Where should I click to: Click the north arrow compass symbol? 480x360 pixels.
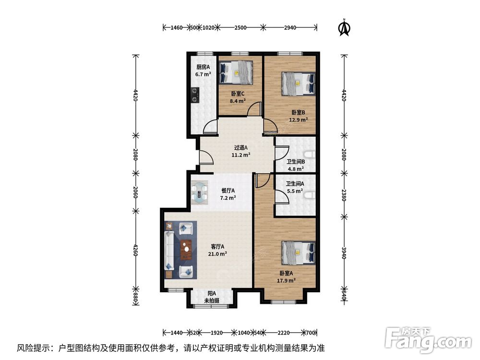tap(344, 27)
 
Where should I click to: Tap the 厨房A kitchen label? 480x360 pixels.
tap(203, 67)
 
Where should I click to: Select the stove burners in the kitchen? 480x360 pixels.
tap(195, 95)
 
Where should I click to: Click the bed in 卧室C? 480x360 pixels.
tap(236, 72)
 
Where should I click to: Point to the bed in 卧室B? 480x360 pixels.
tap(299, 84)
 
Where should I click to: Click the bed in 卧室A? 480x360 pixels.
tap(299, 253)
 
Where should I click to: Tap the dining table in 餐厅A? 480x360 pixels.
tap(200, 193)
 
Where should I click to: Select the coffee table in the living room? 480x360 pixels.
tap(186, 250)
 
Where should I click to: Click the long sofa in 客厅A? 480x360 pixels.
tap(169, 251)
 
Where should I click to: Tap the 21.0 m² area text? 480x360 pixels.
tap(217, 254)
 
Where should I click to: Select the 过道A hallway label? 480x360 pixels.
tap(241, 147)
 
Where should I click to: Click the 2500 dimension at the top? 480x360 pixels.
tap(240, 27)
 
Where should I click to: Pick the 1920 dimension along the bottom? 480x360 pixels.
tap(216, 333)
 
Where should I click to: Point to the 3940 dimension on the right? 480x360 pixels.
tap(344, 253)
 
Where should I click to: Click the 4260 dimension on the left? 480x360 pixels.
tap(136, 250)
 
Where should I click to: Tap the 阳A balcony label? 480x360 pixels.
tap(212, 294)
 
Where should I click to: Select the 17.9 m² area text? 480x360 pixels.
tap(286, 280)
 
